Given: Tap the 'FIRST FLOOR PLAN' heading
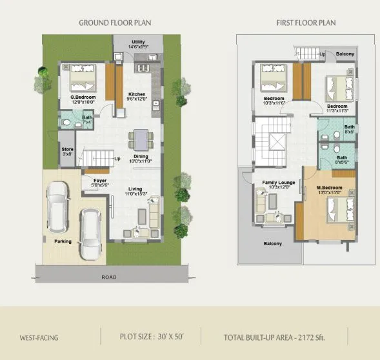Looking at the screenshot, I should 305,23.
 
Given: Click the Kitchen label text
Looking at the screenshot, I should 136,94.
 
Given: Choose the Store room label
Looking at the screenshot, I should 68,150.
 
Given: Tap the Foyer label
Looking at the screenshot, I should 100,181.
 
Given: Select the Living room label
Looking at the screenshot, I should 135,189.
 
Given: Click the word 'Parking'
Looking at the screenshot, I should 63,241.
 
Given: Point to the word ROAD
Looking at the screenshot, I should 110,277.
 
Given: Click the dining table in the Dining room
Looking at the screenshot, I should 140,139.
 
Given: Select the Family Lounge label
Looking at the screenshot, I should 278,183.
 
